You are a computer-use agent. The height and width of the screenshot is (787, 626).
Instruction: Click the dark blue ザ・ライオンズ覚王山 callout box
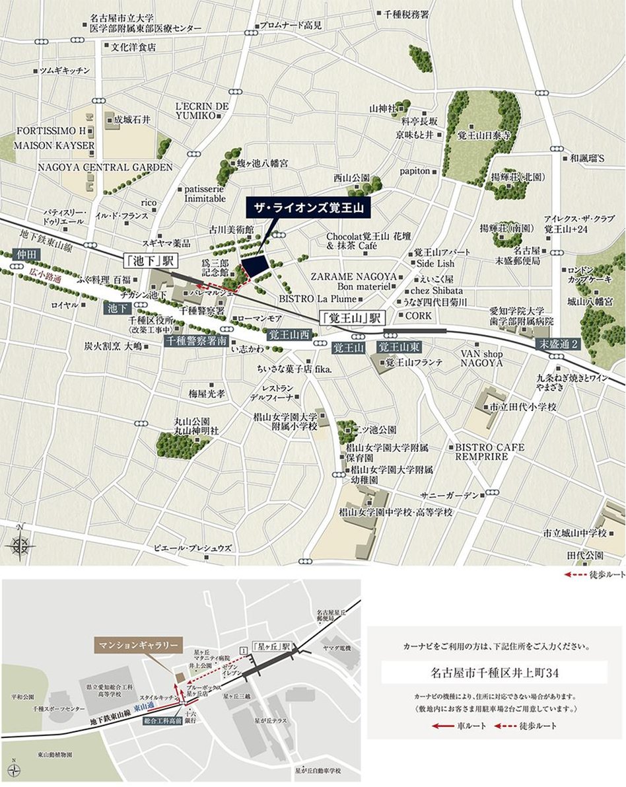pyautogui.click(x=310, y=207)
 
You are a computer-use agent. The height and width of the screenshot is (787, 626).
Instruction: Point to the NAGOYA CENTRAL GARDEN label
pyautogui.click(x=105, y=168)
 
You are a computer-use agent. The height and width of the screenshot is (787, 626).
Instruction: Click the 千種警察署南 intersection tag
pyautogui.click(x=196, y=342)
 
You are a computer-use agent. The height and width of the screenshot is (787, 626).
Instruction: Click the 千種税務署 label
pyautogui.click(x=406, y=13)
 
